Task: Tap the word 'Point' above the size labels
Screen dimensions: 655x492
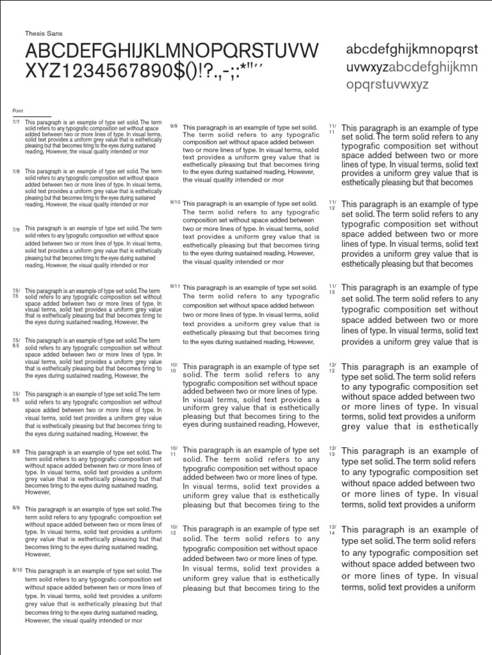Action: (17, 111)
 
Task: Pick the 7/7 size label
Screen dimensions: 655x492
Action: (16, 121)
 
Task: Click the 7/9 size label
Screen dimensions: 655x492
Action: (16, 228)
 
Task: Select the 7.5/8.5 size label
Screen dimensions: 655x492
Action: (16, 343)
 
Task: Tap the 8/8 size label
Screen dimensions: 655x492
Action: (16, 452)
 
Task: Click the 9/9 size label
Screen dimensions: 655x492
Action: (174, 126)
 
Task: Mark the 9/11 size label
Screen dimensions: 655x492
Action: (174, 287)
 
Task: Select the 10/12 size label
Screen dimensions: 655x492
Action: (174, 530)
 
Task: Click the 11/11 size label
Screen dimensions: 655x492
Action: (332, 129)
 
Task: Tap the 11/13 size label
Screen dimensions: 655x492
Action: (332, 289)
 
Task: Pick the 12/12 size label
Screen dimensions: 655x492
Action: (332, 368)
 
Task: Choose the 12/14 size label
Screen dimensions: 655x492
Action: (332, 530)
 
